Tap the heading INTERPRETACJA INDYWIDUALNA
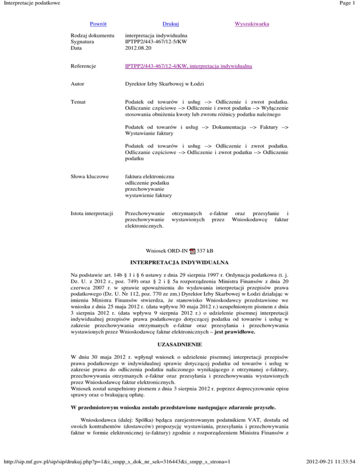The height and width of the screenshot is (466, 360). (x=180, y=261)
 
